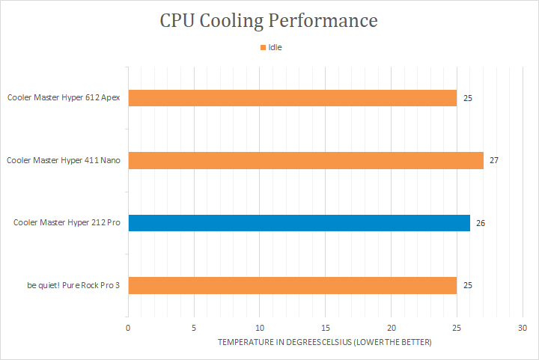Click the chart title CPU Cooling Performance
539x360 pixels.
click(269, 20)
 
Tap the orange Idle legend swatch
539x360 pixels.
click(263, 47)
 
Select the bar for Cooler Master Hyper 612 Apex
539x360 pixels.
click(292, 98)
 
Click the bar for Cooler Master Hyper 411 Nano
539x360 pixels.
click(305, 160)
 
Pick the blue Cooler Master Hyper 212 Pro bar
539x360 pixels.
click(299, 222)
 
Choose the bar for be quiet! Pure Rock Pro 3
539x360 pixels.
click(292, 284)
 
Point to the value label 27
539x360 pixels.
click(494, 160)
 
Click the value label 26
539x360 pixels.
click(481, 222)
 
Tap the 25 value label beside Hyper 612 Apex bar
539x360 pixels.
click(468, 98)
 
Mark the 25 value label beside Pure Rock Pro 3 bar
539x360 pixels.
click(468, 284)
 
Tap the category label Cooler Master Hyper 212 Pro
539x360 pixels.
click(67, 222)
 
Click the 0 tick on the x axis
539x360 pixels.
click(128, 328)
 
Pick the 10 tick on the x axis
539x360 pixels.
click(260, 328)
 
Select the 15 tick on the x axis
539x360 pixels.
click(326, 328)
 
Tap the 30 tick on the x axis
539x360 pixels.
click(523, 328)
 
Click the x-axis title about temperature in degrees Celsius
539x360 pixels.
click(325, 342)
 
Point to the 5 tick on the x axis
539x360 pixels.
click(194, 328)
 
